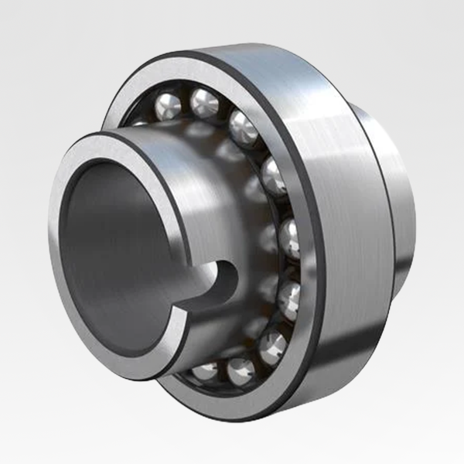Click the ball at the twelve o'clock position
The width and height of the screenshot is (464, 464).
coord(205,102)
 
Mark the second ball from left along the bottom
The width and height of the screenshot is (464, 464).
coord(240,370)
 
